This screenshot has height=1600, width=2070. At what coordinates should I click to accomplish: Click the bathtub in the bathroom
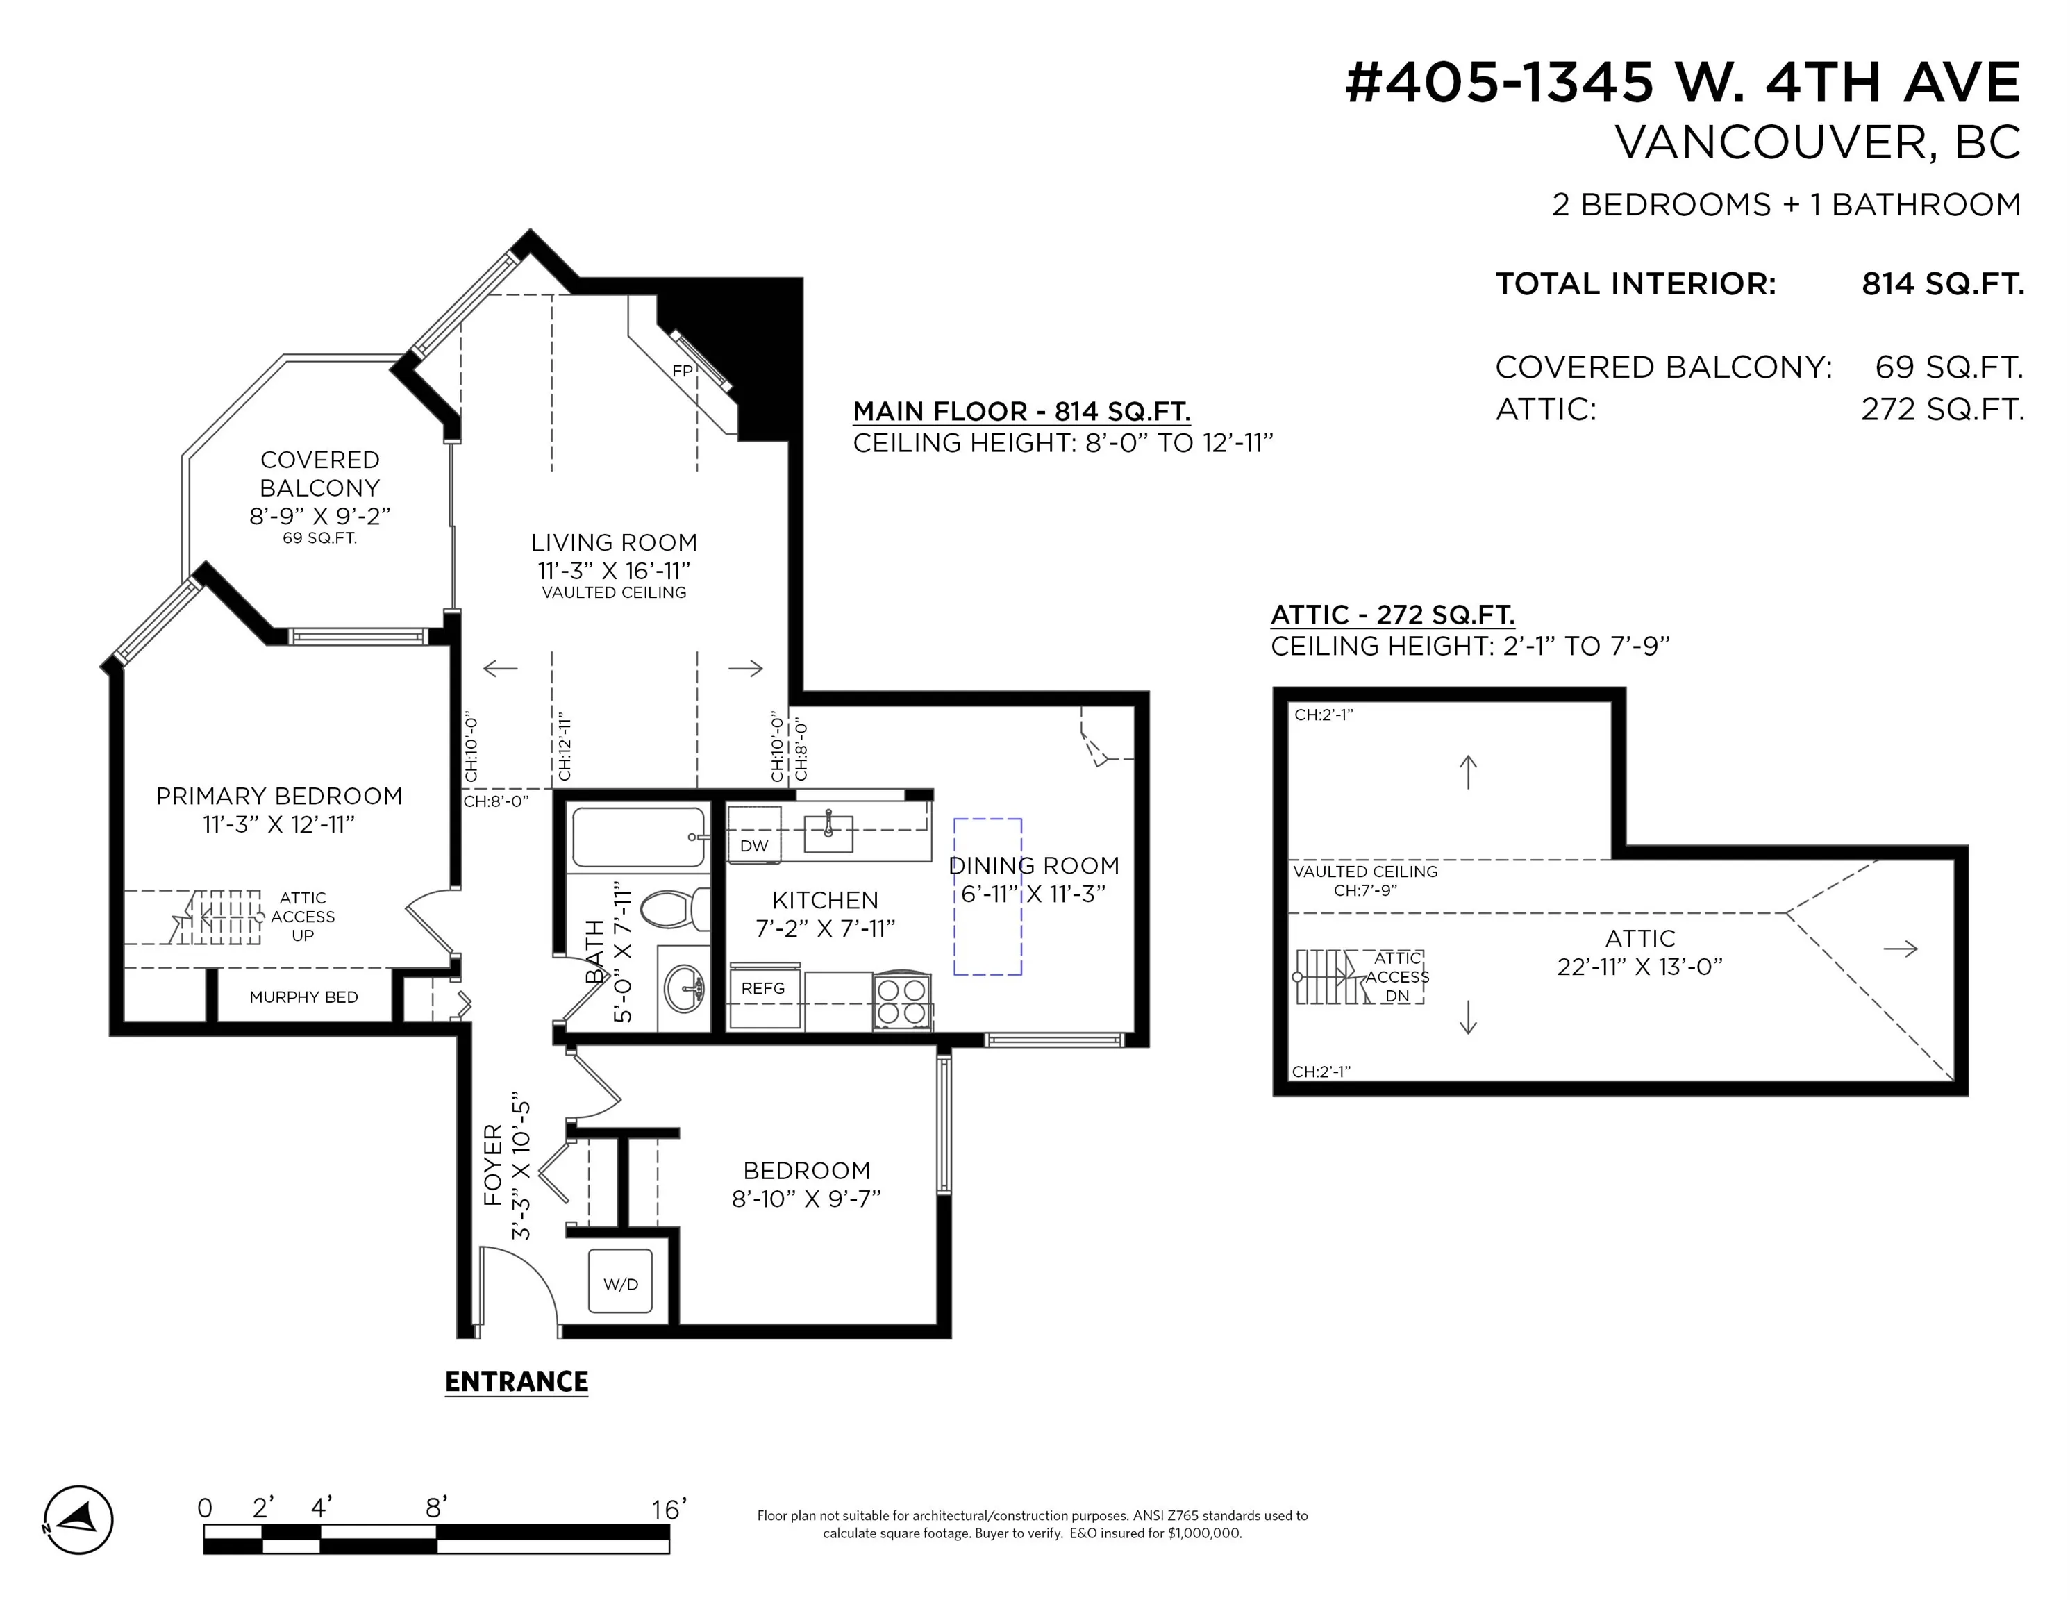[639, 837]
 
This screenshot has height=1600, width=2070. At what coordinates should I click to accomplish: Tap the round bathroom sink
[683, 990]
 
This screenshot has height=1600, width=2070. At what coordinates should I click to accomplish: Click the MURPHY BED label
[303, 997]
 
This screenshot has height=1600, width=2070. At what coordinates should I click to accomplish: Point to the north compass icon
[78, 1519]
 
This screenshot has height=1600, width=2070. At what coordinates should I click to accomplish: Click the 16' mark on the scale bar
[668, 1509]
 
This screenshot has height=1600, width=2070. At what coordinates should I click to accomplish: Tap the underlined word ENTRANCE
[517, 1381]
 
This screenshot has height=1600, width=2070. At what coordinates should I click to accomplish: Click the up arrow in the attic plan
[1468, 772]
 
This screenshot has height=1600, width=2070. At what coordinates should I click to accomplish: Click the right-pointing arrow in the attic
[1899, 948]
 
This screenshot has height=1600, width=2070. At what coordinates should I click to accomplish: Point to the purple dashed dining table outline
[987, 897]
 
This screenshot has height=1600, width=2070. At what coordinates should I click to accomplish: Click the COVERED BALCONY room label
[320, 474]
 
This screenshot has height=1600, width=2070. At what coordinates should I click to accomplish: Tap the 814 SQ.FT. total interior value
[1943, 283]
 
